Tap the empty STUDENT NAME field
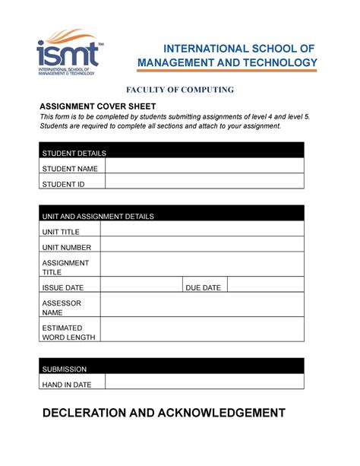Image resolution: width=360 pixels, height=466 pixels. coord(204,167)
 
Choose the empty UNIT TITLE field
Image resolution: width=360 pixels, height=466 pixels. coord(202,230)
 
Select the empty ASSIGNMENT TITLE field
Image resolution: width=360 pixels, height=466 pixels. coord(202,265)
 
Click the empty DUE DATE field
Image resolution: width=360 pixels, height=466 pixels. coord(266,287)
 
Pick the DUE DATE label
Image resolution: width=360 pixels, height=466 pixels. coord(204,287)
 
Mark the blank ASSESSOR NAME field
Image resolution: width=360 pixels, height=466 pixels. coord(202,306)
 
